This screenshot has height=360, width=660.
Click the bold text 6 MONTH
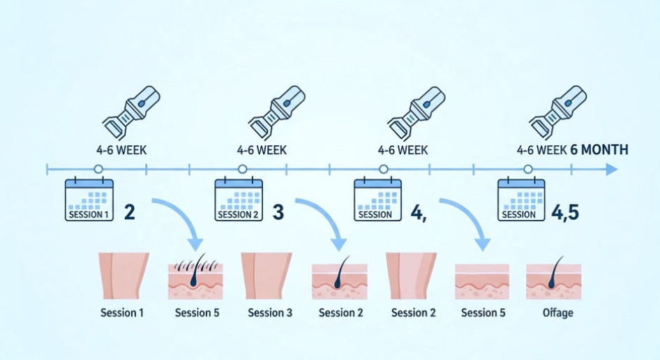coord(599,149)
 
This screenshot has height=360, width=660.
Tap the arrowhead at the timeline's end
coord(611,169)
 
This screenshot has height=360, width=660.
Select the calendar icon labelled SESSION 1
coord(89,200)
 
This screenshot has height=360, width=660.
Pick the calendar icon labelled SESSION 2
coord(239,200)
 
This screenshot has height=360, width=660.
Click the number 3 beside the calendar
coord(278,212)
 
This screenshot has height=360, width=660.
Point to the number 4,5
coord(566,212)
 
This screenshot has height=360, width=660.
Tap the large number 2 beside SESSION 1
coord(129,212)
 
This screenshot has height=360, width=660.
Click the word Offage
coord(557,313)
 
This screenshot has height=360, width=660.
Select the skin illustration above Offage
coord(553,277)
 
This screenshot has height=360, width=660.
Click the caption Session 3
coord(270,313)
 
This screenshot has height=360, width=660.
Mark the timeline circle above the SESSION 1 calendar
coord(98,169)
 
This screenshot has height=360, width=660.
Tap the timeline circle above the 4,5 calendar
coord(527,169)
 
